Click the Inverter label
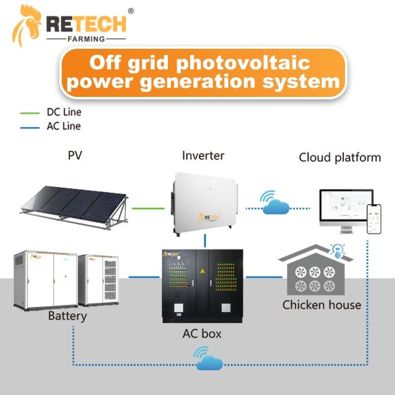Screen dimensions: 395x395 pyautogui.click(x=204, y=156)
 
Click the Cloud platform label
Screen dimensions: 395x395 pyautogui.click(x=339, y=157)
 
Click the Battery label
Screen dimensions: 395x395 pyautogui.click(x=67, y=317)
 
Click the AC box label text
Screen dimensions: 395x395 pyautogui.click(x=203, y=334)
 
